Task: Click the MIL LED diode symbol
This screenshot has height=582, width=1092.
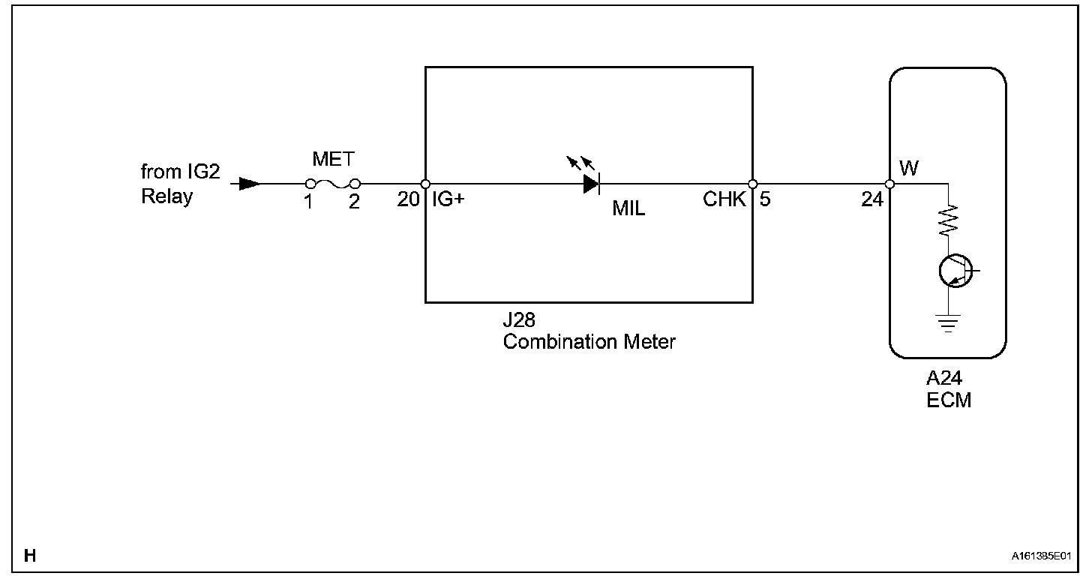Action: pyautogui.click(x=591, y=183)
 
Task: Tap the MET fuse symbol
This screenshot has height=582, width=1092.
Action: pyautogui.click(x=332, y=184)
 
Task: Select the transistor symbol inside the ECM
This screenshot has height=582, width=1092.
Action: pyautogui.click(x=954, y=271)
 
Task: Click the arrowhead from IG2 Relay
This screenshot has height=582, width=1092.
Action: pyautogui.click(x=250, y=184)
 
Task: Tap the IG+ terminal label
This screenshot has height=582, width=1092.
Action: pyautogui.click(x=448, y=200)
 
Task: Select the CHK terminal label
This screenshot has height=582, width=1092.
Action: pyautogui.click(x=724, y=200)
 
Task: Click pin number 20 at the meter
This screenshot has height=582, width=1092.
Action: pyautogui.click(x=409, y=201)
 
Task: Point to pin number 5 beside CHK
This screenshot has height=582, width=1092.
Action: pyautogui.click(x=764, y=200)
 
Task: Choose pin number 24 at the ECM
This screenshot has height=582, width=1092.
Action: pyautogui.click(x=872, y=200)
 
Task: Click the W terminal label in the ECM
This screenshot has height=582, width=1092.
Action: pyautogui.click(x=908, y=168)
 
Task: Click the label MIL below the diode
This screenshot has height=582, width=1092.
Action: pyautogui.click(x=628, y=208)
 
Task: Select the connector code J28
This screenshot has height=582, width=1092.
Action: pyautogui.click(x=519, y=321)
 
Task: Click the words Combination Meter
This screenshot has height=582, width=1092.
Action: pyautogui.click(x=589, y=342)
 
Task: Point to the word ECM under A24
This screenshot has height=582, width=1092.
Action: pyautogui.click(x=949, y=400)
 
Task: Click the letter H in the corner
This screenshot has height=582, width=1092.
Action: pyautogui.click(x=30, y=556)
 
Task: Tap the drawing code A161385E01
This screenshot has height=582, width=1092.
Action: pyautogui.click(x=1040, y=557)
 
